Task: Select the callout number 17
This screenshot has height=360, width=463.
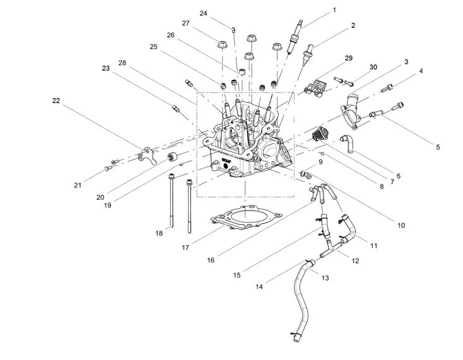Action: tap(185, 248)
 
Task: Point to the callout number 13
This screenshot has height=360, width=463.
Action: tap(325, 277)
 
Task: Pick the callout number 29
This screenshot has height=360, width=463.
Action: tap(348, 58)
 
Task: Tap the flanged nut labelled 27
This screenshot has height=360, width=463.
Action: tap(221, 45)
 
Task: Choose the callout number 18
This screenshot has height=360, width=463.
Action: tap(159, 233)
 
